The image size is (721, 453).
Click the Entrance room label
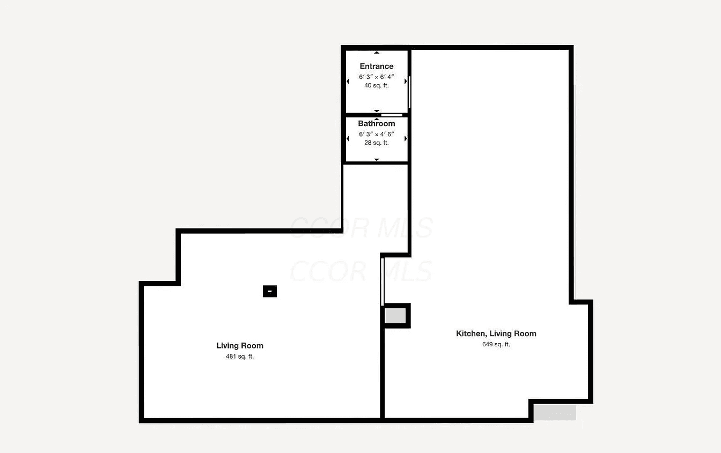[x=376, y=66]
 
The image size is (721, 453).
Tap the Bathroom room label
[x=376, y=123]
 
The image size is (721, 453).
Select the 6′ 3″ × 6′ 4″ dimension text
[x=376, y=77]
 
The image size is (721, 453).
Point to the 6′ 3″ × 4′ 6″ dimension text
[x=376, y=134]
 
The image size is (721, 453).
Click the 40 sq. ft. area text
[x=376, y=85]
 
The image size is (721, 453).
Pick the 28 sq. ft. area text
[x=376, y=143]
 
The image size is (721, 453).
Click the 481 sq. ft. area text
[x=240, y=357]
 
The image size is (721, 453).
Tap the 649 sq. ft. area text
[x=496, y=344]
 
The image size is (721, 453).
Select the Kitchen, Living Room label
[x=496, y=333]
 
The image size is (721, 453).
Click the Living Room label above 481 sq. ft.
[x=240, y=346]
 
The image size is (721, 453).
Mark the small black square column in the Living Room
[x=270, y=291]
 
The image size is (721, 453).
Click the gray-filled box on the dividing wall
[x=395, y=316]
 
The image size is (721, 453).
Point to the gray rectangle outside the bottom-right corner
[x=555, y=412]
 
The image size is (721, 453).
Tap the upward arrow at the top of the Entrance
[x=377, y=53]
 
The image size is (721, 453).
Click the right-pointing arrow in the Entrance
[x=406, y=81]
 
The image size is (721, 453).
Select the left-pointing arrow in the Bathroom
[x=348, y=139]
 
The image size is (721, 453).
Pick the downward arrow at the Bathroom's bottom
[x=377, y=160]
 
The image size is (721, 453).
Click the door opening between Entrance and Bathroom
[x=392, y=115]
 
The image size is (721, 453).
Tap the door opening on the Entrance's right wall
[x=409, y=92]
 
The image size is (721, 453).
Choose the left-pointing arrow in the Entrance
[x=348, y=81]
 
